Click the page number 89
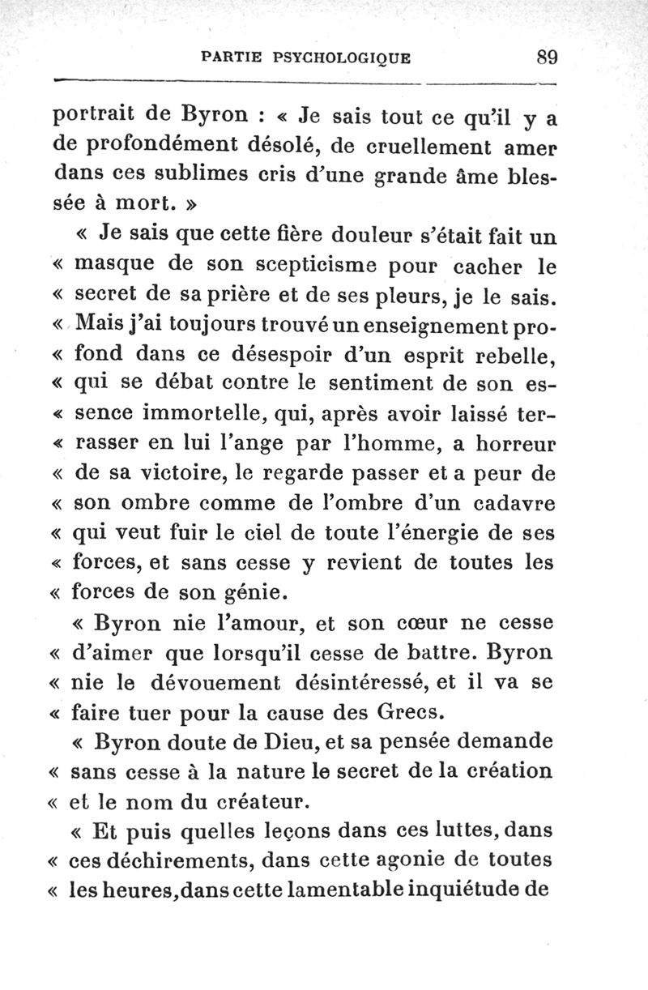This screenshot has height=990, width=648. click(x=548, y=58)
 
